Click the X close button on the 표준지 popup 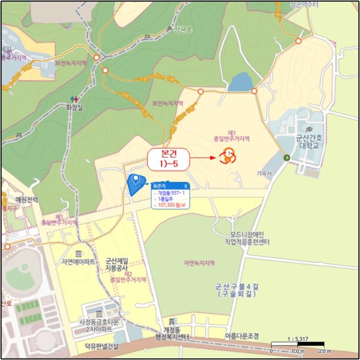pos(186,186)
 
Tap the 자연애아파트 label pos(78,262)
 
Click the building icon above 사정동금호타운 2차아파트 pos(99,314)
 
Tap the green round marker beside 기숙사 pos(286,158)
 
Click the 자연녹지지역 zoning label pos(199,263)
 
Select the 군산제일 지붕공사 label pos(118,264)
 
